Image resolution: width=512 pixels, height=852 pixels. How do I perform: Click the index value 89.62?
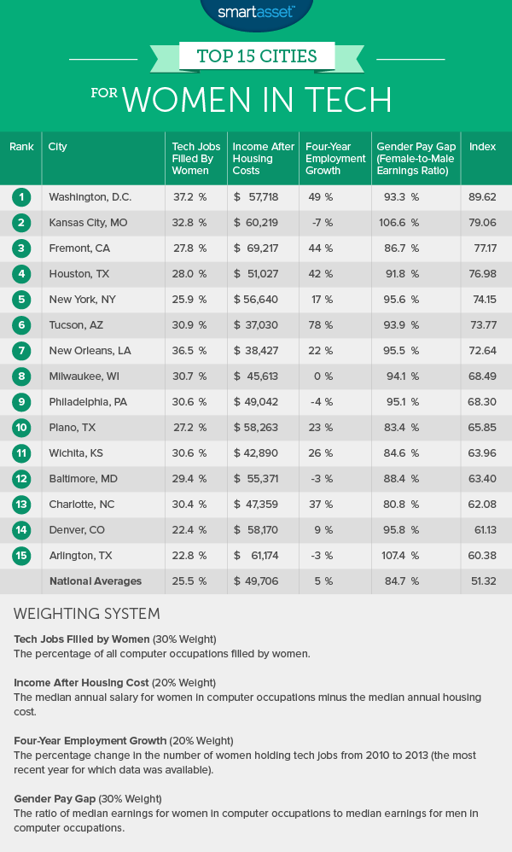[x=482, y=197]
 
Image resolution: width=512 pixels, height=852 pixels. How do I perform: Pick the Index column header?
[x=482, y=147]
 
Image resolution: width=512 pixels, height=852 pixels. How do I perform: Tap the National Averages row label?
[x=95, y=582]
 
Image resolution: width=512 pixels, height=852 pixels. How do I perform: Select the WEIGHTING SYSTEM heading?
[x=88, y=615]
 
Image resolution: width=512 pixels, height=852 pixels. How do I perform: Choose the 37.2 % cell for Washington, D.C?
[x=189, y=197]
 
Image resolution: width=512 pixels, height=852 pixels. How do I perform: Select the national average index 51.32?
[x=482, y=582]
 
